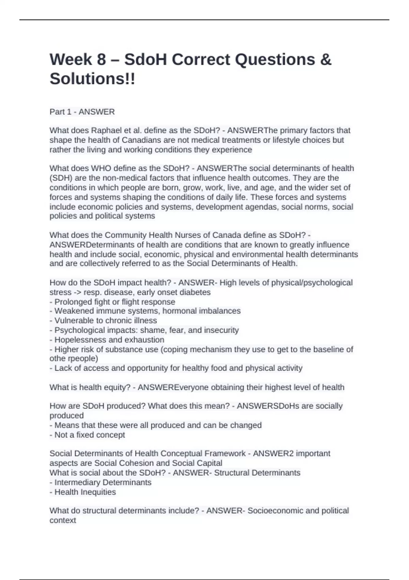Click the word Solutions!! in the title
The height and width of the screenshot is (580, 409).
point(92,79)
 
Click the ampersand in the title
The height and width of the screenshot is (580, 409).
point(326,59)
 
